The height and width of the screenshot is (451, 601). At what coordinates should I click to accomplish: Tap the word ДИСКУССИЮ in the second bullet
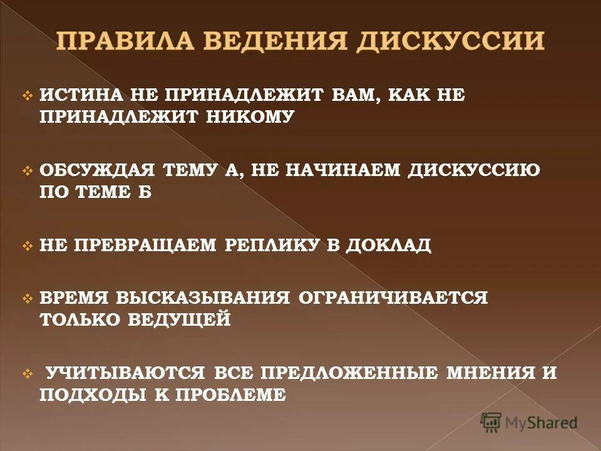pos(474,170)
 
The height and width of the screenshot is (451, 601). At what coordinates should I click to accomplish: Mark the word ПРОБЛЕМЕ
pos(232,395)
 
